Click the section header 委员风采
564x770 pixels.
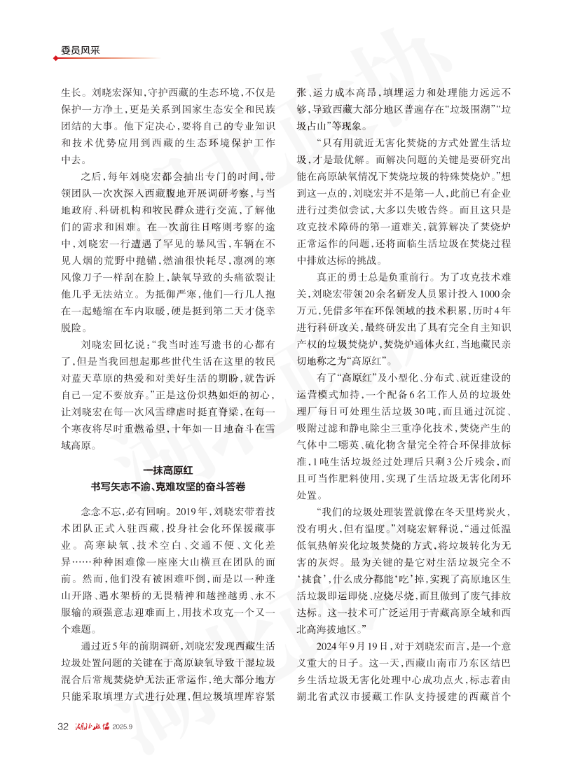click(78, 50)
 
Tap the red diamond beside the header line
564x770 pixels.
click(56, 58)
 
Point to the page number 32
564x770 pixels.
click(63, 726)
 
